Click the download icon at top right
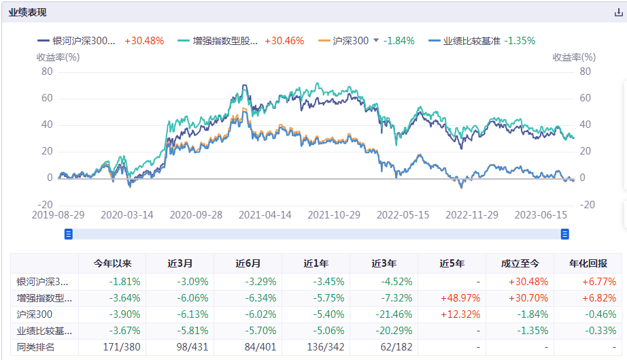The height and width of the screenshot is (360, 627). (618, 13)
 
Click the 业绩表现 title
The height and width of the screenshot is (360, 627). (28, 13)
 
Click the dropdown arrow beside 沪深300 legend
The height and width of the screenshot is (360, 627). (376, 41)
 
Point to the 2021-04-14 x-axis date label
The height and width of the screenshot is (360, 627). (266, 214)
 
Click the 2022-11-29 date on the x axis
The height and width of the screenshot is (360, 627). (472, 214)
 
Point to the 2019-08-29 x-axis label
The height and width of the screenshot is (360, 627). (58, 214)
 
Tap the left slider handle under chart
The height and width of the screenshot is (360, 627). (68, 234)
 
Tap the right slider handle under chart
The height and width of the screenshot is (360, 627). (564, 234)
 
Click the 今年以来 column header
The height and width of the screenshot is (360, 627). (112, 264)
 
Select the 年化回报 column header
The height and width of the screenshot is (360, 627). (588, 264)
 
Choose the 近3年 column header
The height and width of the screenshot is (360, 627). (384, 264)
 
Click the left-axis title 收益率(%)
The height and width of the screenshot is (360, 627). (58, 57)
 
